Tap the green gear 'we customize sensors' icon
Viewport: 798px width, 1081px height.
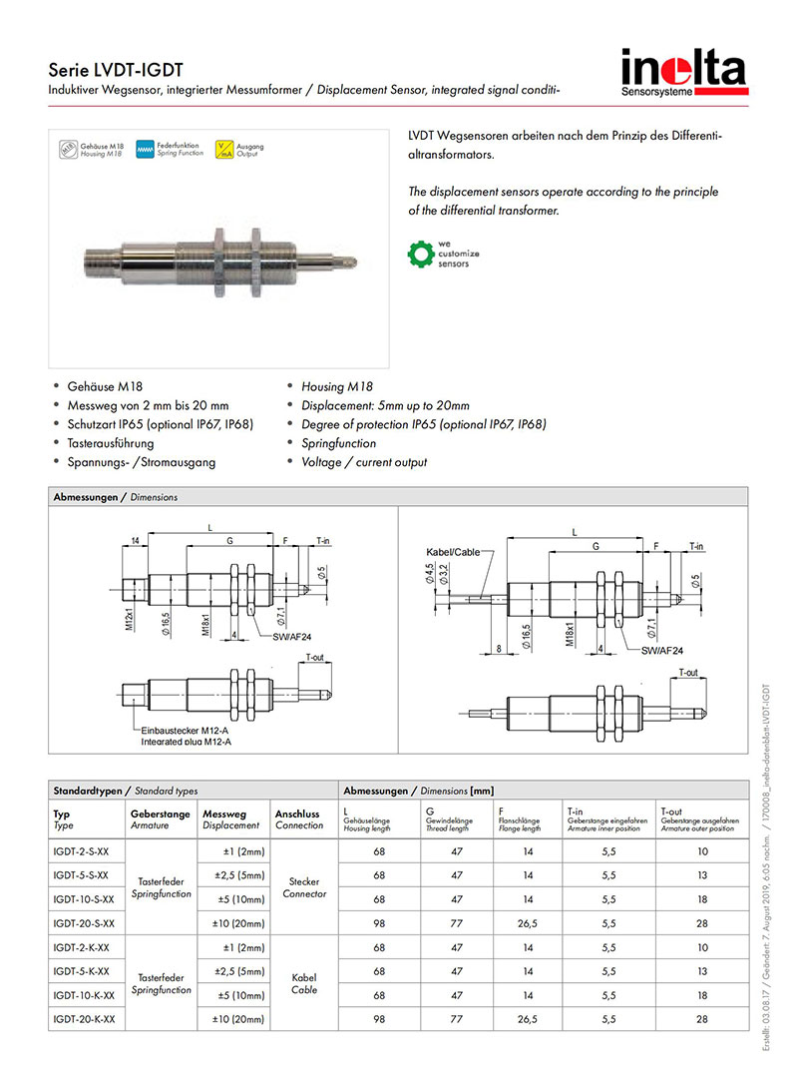(420, 254)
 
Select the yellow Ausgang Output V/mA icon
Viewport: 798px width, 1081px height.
(224, 151)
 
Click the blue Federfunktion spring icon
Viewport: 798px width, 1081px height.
(146, 151)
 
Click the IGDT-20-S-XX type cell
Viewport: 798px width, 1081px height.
(84, 923)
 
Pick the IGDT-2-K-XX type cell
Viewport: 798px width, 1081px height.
(81, 947)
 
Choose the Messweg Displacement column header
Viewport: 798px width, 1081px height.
(231, 819)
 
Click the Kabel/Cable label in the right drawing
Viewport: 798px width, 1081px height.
(452, 552)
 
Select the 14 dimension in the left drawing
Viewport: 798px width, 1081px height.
(134, 541)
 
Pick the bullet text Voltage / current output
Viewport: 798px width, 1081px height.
(364, 462)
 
